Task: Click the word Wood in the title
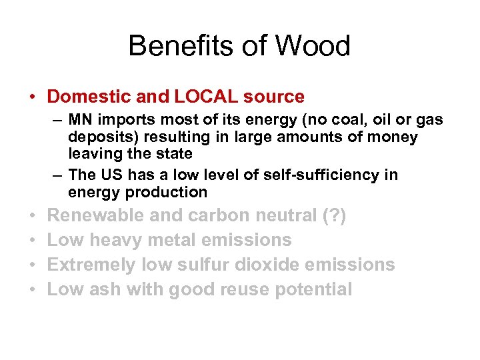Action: (x=312, y=46)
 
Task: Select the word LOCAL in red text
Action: (x=206, y=97)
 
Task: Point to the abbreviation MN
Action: (x=80, y=120)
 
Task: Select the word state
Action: (x=171, y=154)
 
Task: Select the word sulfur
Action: (x=199, y=265)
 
